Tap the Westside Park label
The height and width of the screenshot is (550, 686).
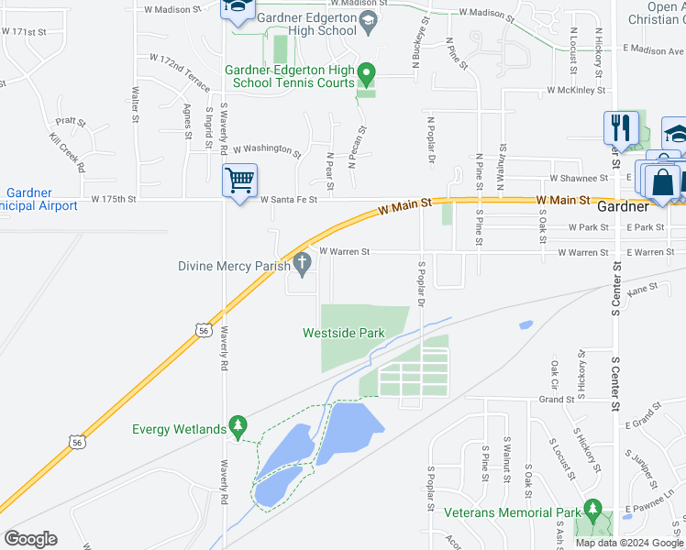coord(343,333)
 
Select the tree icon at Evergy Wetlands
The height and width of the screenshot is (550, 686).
coord(238,426)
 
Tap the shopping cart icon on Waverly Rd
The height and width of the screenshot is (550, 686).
coord(239,181)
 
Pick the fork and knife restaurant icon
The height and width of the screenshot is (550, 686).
coord(621,128)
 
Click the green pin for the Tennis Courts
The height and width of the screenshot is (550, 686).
coord(366,72)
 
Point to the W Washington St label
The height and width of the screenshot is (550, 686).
coord(267,148)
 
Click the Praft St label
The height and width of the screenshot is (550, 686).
coord(70,121)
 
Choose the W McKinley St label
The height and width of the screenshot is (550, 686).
coord(576,91)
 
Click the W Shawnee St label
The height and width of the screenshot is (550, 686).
coord(580,178)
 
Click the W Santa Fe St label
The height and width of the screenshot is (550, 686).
coord(289,199)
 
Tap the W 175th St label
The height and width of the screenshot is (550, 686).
coord(113,199)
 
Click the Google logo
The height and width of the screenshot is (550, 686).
coord(30,538)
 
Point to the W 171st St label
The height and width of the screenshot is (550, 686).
coord(24,31)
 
